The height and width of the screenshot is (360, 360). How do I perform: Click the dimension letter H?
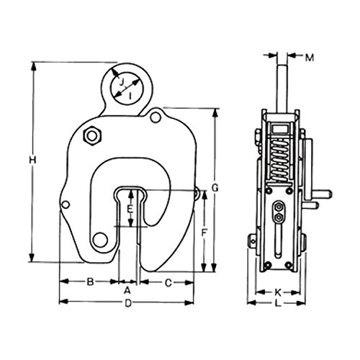32,160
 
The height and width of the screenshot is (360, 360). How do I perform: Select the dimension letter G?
215,188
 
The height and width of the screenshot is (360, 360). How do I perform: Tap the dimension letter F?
204,233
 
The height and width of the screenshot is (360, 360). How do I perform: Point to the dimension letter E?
130,210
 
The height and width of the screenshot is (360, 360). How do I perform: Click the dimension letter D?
128,303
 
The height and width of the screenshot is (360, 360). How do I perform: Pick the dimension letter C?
168,283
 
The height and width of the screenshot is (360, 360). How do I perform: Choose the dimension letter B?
90,282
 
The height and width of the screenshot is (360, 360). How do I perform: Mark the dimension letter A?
127,291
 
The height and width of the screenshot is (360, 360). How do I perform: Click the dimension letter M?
310,58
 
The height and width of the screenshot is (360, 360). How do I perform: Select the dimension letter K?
278,292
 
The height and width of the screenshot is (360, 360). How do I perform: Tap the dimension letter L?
278,303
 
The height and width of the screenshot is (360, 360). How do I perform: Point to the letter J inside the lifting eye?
122,83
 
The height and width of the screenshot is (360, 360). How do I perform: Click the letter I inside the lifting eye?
130,96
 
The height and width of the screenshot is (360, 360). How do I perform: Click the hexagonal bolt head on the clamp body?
92,136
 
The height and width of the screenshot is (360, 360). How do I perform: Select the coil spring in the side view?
279,159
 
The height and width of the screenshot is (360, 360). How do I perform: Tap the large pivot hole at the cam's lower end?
100,240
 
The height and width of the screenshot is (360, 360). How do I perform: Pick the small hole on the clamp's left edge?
66,204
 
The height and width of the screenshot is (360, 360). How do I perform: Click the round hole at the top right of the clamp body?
156,117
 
